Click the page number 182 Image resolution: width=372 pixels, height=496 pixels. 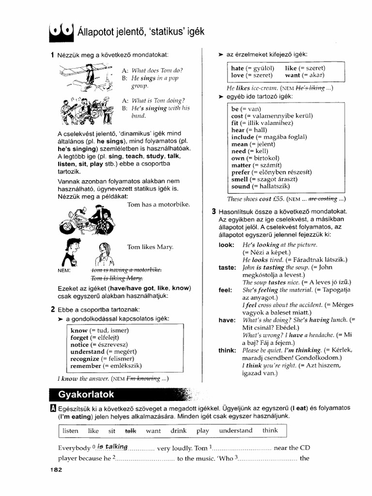click(x=56, y=470)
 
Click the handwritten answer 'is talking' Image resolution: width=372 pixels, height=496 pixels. click(x=112, y=447)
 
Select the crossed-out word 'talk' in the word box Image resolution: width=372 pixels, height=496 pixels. click(x=131, y=430)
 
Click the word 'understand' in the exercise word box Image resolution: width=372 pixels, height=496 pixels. click(x=235, y=430)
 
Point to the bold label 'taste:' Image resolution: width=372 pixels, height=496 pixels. click(x=227, y=267)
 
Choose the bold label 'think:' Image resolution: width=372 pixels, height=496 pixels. click(x=227, y=350)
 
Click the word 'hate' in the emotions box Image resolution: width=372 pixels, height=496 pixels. click(x=237, y=69)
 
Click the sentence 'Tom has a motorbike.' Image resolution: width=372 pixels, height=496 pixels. click(x=158, y=204)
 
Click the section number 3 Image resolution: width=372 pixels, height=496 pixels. click(x=214, y=212)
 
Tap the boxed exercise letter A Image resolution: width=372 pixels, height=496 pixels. click(x=53, y=408)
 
